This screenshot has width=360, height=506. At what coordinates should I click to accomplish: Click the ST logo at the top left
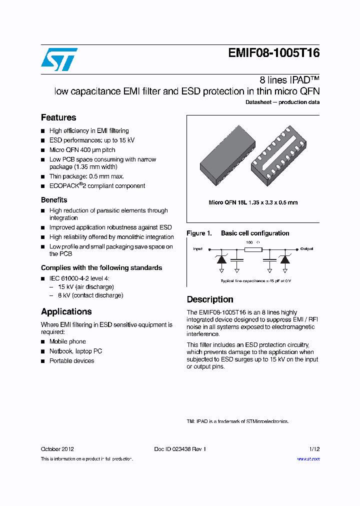pyautogui.click(x=59, y=59)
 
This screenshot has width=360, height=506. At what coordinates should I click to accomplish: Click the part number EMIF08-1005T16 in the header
pyautogui.click(x=273, y=53)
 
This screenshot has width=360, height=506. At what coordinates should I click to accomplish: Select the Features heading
pyautogui.click(x=58, y=117)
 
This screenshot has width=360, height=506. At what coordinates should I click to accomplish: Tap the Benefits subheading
pyautogui.click(x=54, y=199)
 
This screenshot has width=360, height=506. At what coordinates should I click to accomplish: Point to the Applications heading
pyautogui.click(x=66, y=311)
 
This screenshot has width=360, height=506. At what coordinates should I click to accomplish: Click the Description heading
pyautogui.click(x=210, y=299)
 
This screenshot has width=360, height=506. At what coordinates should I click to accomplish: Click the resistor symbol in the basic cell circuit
pyautogui.click(x=253, y=248)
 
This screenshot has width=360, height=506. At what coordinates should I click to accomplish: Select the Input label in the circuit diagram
pyautogui.click(x=198, y=248)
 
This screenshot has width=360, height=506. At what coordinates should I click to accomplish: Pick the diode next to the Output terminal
pyautogui.click(x=285, y=259)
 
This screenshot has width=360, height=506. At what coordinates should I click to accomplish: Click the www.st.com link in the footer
pyautogui.click(x=308, y=458)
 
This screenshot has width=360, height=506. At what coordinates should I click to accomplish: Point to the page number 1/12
pyautogui.click(x=314, y=449)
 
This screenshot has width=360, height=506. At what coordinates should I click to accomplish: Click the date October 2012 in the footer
pyautogui.click(x=57, y=449)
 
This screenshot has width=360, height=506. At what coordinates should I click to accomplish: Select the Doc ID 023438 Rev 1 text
pyautogui.click(x=180, y=449)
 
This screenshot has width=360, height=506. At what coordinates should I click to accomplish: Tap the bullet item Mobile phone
pyautogui.click(x=67, y=341)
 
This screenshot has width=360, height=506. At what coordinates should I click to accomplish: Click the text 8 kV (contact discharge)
pyautogui.click(x=90, y=295)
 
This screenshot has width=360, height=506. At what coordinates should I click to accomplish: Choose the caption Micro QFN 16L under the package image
pyautogui.click(x=253, y=202)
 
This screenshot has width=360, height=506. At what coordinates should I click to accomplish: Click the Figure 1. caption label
pyautogui.click(x=199, y=233)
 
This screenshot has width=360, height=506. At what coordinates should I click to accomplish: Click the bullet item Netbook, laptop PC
pyautogui.click(x=75, y=351)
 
